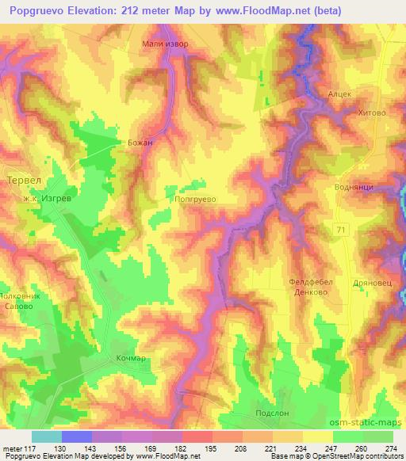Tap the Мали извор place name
[x=165, y=44]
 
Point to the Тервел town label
[x=22, y=180]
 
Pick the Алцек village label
[x=339, y=93]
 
